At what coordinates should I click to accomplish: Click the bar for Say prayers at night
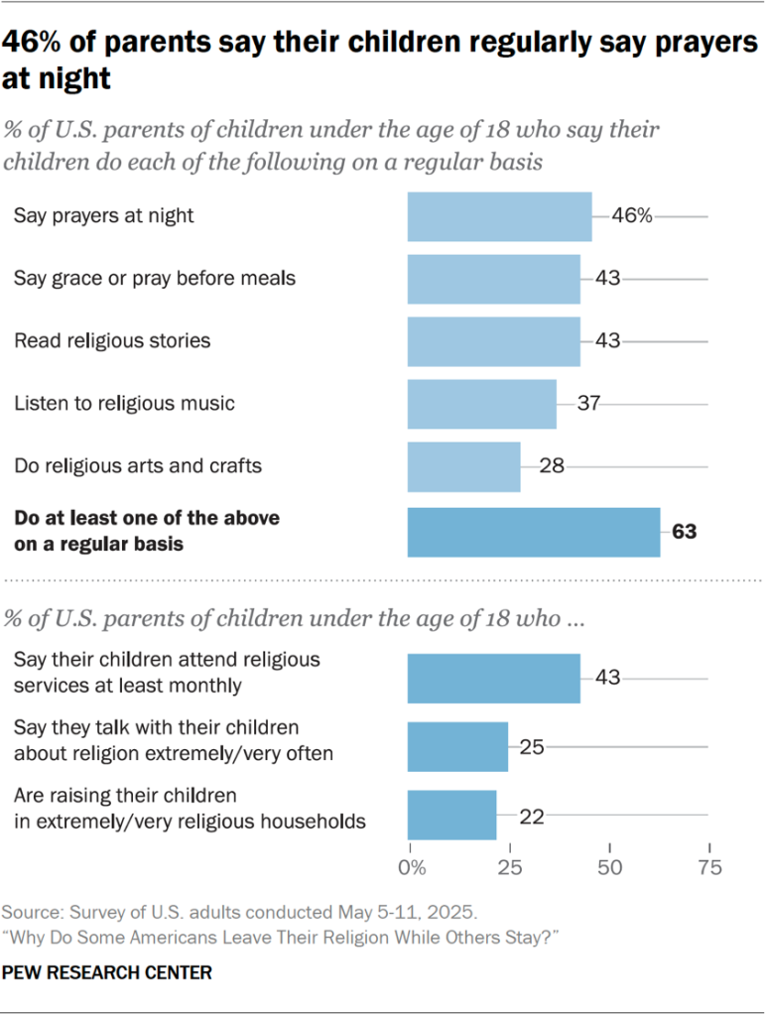(499, 216)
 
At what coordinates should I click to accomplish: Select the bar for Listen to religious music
(481, 404)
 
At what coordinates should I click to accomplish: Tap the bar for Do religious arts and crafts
(463, 466)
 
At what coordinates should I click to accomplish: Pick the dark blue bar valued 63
(534, 532)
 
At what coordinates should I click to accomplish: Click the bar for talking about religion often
(457, 747)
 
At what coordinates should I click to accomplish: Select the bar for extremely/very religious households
(451, 815)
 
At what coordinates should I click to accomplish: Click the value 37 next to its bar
(589, 404)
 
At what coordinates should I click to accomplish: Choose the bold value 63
(684, 532)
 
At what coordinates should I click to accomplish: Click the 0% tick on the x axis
(411, 867)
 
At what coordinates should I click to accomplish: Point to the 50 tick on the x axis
(609, 867)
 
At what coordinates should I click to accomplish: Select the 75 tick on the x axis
(708, 867)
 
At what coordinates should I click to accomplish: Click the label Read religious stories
(112, 340)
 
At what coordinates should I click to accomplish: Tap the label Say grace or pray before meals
(155, 279)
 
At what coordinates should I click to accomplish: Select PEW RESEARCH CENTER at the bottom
(107, 973)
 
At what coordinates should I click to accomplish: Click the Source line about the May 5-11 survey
(240, 911)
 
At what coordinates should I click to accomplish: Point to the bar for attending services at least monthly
(493, 679)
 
